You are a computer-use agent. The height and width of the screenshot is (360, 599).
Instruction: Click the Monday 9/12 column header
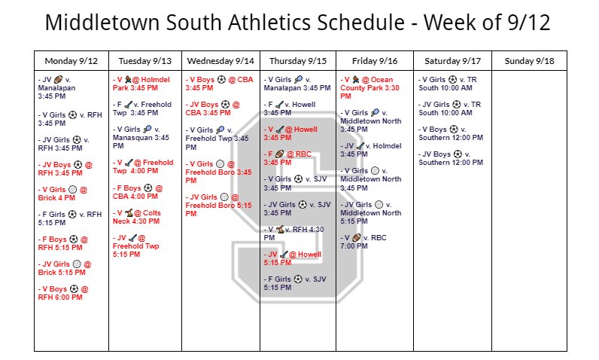pos(71,60)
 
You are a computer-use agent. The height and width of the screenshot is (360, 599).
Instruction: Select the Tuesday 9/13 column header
pos(145,60)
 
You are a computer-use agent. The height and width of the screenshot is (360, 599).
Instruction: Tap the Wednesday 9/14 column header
pos(220,60)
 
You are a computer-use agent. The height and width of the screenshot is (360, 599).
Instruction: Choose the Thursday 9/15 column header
pos(297,60)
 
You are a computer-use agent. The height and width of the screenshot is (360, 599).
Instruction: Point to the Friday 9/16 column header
pos(374,60)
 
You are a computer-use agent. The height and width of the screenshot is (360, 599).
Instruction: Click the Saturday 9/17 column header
pos(452,60)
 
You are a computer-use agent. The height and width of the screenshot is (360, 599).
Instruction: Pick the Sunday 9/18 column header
pos(529,60)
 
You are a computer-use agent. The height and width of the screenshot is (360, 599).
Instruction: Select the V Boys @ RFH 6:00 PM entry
pos(64,293)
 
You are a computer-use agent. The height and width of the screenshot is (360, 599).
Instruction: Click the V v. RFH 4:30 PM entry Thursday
pos(294,233)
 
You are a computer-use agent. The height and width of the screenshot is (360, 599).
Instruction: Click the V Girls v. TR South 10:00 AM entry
pos(447,83)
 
